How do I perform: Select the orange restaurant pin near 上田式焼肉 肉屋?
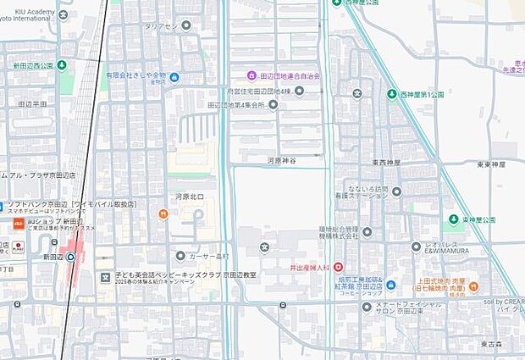tap(473, 285)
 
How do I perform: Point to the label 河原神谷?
tap(281, 159)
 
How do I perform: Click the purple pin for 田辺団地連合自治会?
tap(250, 76)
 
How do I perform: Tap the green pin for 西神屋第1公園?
tap(391, 94)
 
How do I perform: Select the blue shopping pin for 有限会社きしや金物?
tap(174, 78)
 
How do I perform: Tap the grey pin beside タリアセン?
tap(186, 26)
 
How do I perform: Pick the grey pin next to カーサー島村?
tap(180, 256)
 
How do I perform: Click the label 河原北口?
tap(189, 197)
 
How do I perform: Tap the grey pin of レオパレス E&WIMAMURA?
tap(416, 246)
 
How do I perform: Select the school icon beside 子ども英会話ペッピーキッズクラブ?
tap(105, 276)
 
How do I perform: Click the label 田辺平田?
tap(32, 103)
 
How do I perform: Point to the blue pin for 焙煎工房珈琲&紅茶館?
tap(342, 284)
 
